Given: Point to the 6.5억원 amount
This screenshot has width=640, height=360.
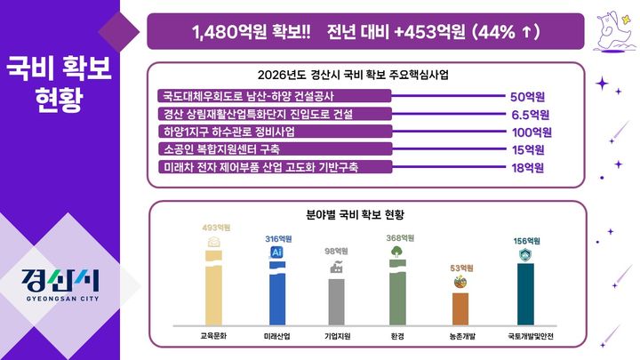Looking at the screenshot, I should click(x=530, y=115).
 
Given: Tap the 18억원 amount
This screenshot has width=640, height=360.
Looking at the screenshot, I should click(x=528, y=167).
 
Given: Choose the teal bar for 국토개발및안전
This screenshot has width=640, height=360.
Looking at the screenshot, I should click(x=525, y=295).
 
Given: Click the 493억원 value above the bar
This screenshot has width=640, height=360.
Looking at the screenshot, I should click(x=215, y=228).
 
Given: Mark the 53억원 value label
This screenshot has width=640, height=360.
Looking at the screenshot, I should click(x=460, y=268).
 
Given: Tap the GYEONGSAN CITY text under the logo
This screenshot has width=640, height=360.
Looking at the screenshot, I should click(x=60, y=300).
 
